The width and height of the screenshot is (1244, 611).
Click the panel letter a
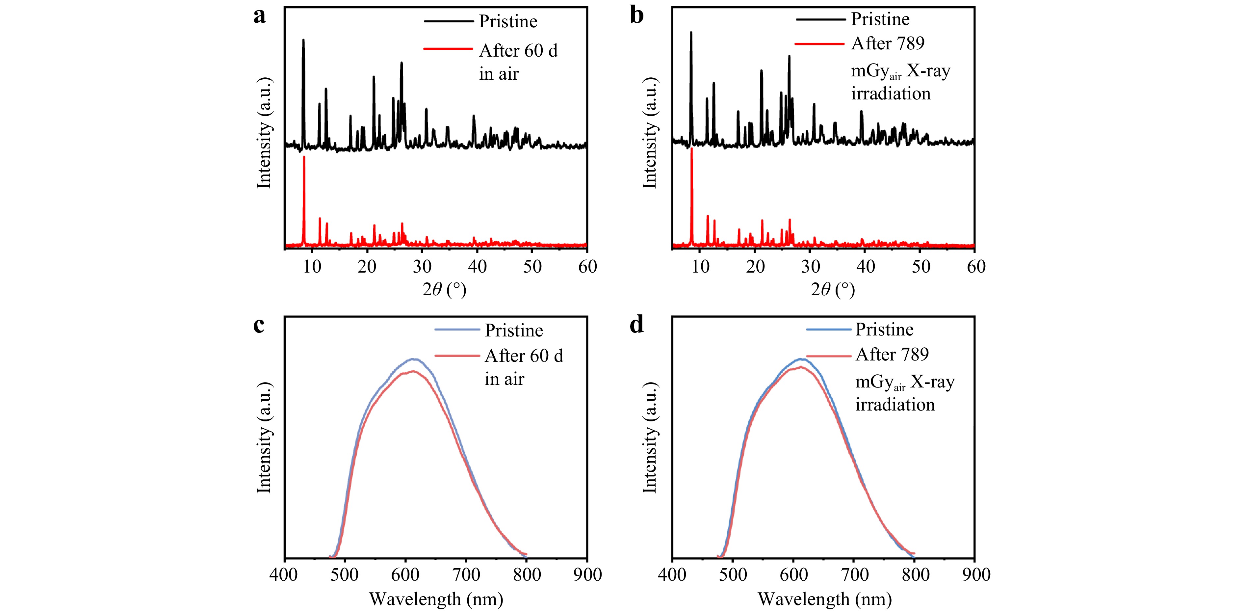pyautogui.click(x=259, y=16)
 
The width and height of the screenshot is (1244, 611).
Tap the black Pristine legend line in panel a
pyautogui.click(x=448, y=21)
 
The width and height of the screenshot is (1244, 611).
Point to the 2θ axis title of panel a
pyautogui.click(x=444, y=290)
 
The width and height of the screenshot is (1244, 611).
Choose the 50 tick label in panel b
pyautogui.click(x=920, y=267)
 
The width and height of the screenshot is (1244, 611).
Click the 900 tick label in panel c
pyautogui.click(x=587, y=575)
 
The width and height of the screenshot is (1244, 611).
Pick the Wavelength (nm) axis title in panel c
pyautogui.click(x=436, y=599)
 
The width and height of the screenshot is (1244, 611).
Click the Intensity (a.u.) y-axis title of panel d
pyautogui.click(x=650, y=438)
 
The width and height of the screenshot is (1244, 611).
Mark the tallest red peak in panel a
pyautogui.click(x=304, y=157)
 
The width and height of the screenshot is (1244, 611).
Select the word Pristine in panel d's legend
pyautogui.click(x=884, y=330)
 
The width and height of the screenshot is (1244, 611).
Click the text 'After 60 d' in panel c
pyautogui.click(x=524, y=356)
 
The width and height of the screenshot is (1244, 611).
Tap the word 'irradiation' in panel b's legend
pyautogui.click(x=891, y=94)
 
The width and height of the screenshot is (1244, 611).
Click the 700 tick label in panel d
pyautogui.click(x=855, y=575)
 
